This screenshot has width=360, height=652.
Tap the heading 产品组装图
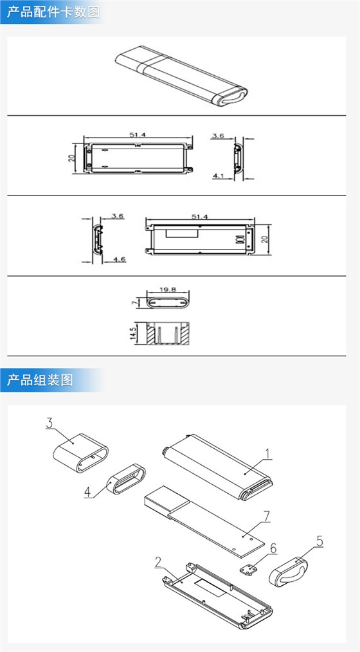point(40,379)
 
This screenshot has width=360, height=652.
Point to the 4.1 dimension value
point(219,175)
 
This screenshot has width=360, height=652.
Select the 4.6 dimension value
point(118,259)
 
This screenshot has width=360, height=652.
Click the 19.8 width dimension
point(169,290)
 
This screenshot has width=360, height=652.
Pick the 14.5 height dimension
point(133,334)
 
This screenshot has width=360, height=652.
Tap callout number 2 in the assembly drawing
point(157,561)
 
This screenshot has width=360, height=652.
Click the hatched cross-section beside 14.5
point(168,334)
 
